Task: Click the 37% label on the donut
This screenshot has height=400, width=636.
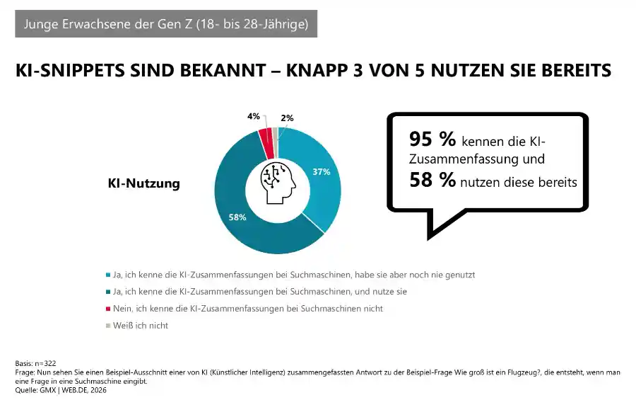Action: coord(322,172)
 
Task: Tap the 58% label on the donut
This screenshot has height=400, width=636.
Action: coord(237,217)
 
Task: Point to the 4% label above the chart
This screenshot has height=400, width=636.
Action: coord(253,116)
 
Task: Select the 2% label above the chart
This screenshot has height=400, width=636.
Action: coord(287,118)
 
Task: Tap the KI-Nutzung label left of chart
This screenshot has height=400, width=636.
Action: coord(143,183)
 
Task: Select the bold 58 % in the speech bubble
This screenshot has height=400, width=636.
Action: coord(432,181)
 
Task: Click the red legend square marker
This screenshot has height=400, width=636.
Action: coord(107,309)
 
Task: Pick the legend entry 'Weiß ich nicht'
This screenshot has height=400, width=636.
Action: coord(140,326)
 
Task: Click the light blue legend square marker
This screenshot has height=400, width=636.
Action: coord(107,273)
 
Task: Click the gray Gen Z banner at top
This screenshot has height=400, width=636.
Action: coord(166,24)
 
